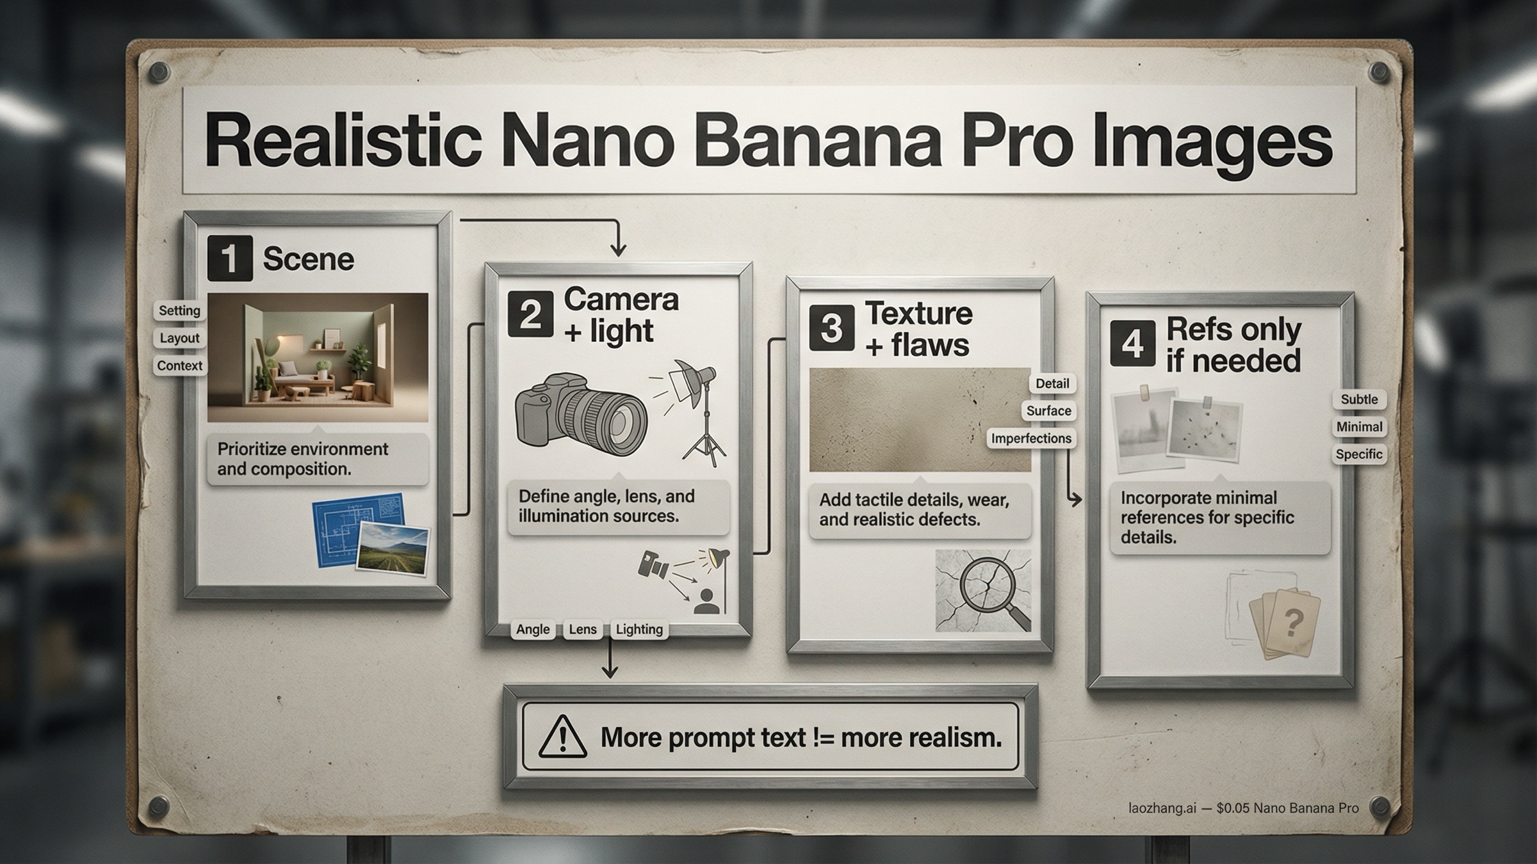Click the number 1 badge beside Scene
229,259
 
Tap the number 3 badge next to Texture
831,328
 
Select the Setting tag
179,311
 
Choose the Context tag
179,366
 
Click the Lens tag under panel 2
582,630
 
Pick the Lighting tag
639,630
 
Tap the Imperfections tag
1031,438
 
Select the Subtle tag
1359,399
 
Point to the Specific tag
1359,454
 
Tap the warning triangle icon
562,737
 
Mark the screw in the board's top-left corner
159,72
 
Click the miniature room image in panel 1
318,357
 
